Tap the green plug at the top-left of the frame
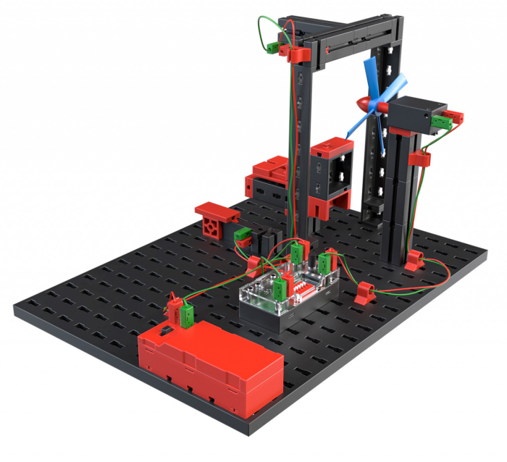[274, 47]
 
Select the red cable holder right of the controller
[364, 294]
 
